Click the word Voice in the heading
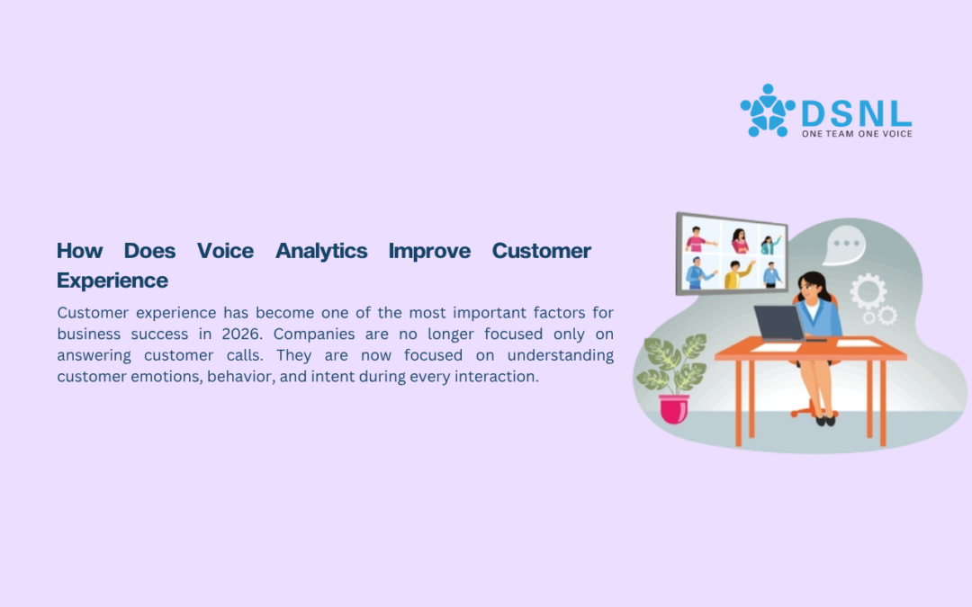(225, 251)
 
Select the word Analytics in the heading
(321, 252)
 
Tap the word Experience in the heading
(112, 281)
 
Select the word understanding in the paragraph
(561, 355)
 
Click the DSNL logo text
(857, 114)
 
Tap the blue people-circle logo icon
(768, 111)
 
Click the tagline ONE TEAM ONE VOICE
(857, 134)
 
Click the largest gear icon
(868, 291)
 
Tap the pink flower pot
(674, 409)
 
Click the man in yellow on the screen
(736, 274)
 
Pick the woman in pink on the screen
(739, 241)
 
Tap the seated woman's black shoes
(825, 421)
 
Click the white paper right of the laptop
(858, 344)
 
